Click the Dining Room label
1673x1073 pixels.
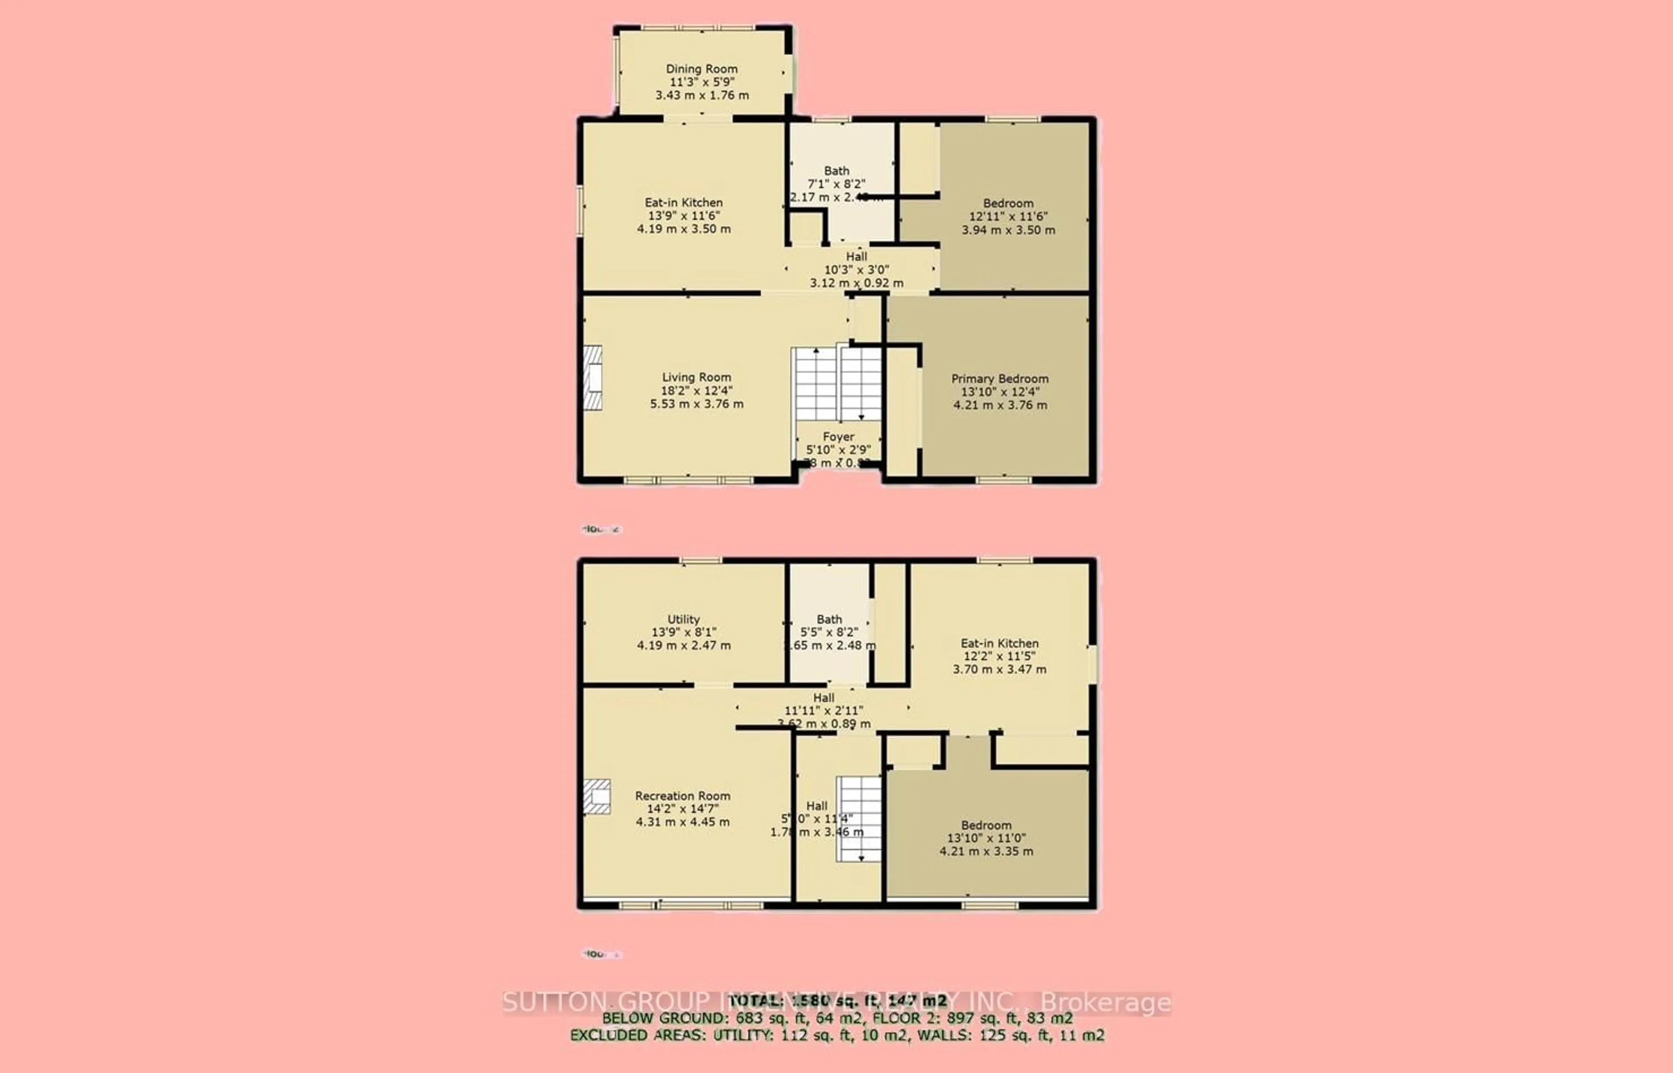pos(701,69)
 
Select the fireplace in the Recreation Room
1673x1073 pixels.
pos(597,796)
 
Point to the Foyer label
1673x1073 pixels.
pos(838,437)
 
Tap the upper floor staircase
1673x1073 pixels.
pos(838,384)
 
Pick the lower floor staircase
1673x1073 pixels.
pos(859,819)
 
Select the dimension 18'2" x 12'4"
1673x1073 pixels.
pos(696,391)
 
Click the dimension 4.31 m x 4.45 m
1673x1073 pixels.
pos(682,822)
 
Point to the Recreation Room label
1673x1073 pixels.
pos(682,795)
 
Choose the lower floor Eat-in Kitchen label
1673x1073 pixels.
pos(999,643)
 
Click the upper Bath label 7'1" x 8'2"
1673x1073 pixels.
pos(836,171)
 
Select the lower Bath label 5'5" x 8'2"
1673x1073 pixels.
pos(829,619)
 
